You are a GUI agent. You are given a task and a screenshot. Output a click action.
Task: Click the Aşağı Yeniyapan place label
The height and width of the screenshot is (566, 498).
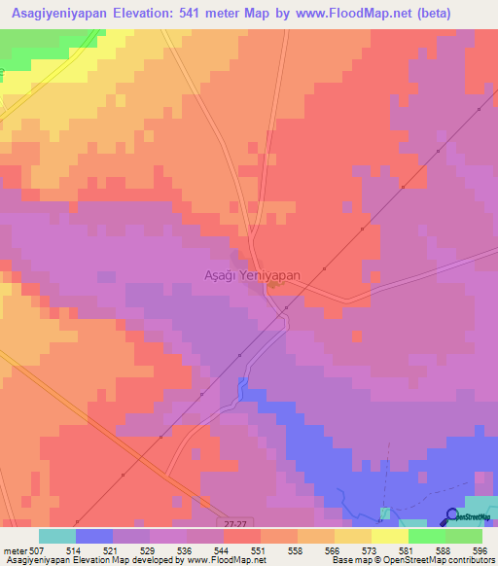tap(251, 276)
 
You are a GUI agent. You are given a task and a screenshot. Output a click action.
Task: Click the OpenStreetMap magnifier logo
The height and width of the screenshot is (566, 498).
tap(452, 515)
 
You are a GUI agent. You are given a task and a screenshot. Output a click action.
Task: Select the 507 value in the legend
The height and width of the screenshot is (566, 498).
tap(37, 550)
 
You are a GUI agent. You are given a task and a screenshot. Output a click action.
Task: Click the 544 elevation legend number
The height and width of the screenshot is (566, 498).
tap(223, 550)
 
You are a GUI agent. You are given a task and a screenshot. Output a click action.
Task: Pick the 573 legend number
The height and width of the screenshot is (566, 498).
tap(371, 550)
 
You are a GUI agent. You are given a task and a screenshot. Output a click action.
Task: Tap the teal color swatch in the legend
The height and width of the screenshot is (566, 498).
tap(56, 536)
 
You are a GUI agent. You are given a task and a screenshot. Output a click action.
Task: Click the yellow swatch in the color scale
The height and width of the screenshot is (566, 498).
tap(389, 536)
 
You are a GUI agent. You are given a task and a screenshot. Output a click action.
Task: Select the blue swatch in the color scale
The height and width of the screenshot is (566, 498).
tap(93, 536)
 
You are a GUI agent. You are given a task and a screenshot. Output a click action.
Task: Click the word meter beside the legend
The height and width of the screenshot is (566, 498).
tap(15, 550)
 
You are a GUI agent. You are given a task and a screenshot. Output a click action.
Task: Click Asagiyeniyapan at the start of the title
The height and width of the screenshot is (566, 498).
tap(57, 14)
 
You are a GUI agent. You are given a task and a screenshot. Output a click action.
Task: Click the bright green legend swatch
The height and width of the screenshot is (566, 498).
tap(426, 536)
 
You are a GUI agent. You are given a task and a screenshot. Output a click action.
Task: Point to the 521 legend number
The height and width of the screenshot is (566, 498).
tap(112, 550)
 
